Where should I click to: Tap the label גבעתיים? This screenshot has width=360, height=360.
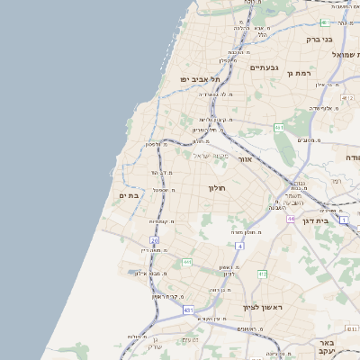264,67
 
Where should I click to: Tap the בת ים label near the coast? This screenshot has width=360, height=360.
128,195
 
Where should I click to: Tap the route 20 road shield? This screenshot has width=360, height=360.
155,241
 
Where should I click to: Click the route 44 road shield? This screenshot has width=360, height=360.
291,219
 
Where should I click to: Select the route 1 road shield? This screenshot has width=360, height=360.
343,219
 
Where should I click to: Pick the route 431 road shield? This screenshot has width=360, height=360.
188,310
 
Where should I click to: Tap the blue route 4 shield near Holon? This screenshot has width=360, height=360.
240,245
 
